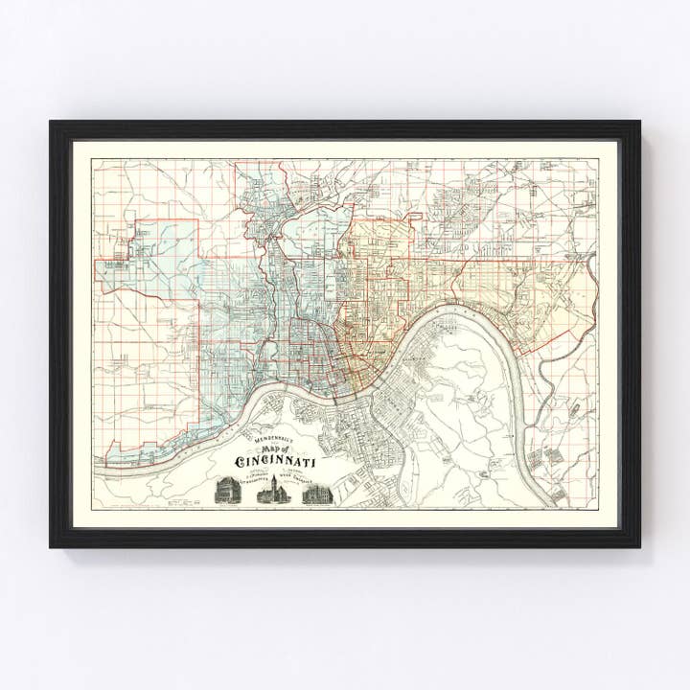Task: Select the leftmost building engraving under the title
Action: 227,490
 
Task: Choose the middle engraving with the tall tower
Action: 271,490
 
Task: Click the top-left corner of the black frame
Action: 52,122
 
